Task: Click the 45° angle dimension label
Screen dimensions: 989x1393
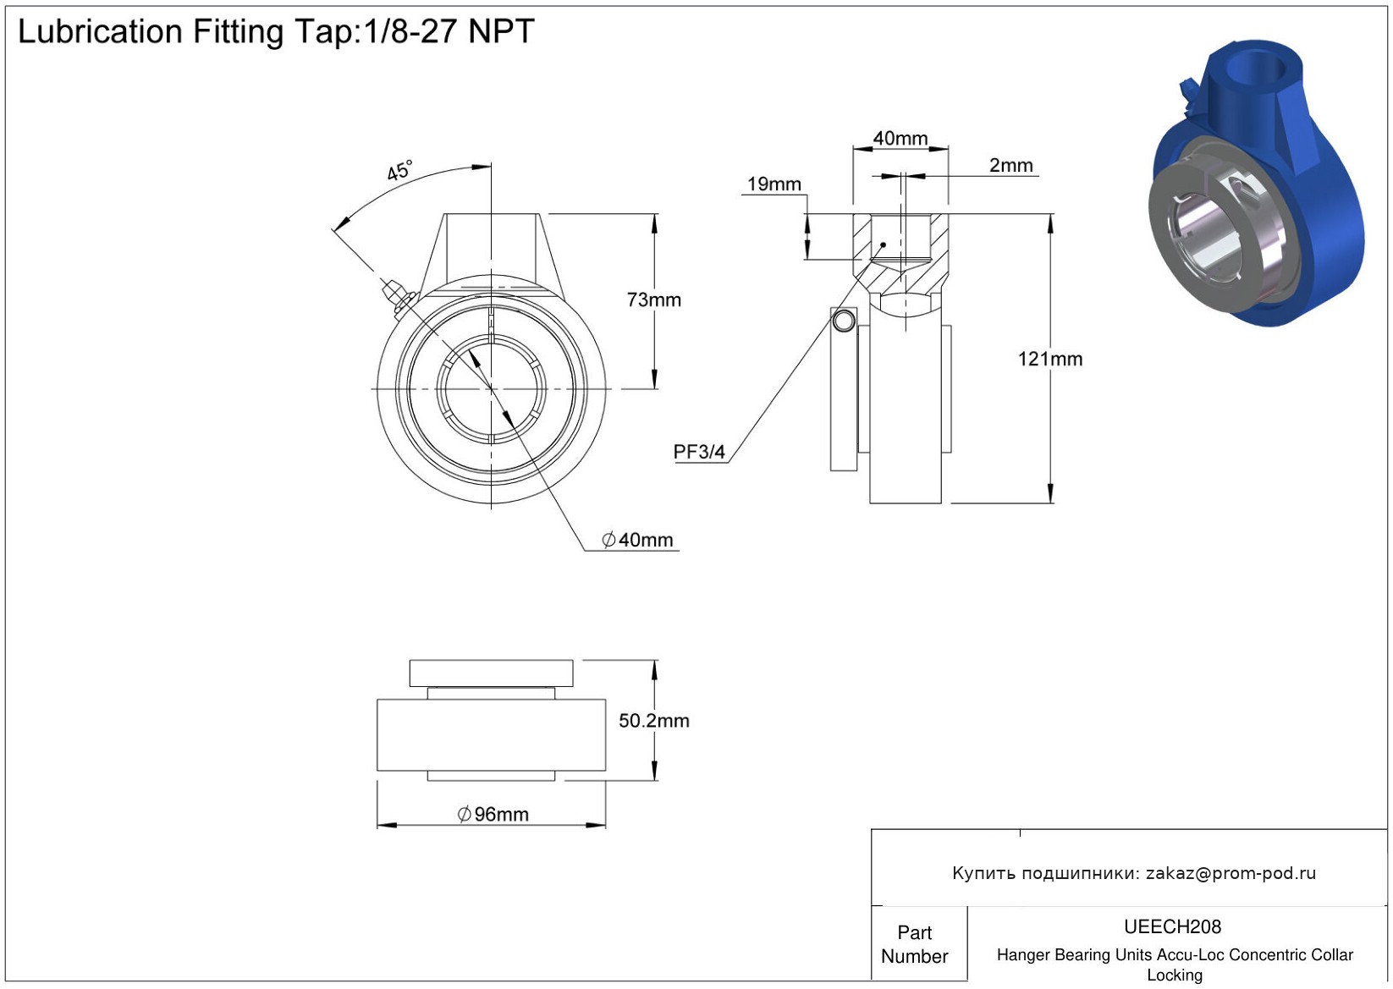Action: click(x=399, y=171)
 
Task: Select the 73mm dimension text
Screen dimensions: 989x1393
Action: click(x=653, y=300)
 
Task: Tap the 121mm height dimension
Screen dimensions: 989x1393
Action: click(x=1049, y=360)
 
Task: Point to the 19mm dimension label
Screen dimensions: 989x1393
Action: click(x=774, y=184)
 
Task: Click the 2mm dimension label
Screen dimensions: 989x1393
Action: click(x=1010, y=166)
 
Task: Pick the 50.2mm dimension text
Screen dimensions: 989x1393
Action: click(x=653, y=721)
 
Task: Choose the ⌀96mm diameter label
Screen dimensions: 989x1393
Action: click(x=493, y=815)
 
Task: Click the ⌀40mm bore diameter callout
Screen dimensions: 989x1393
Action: click(x=637, y=540)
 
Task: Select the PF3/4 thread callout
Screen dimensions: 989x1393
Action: click(x=699, y=452)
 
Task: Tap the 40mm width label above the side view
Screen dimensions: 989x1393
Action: click(x=900, y=138)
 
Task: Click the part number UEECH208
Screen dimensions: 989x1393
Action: click(x=1172, y=926)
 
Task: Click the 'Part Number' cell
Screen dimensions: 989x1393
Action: click(x=914, y=944)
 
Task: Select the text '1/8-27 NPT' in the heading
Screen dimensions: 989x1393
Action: click(x=449, y=32)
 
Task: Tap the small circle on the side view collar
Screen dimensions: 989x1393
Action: click(x=844, y=321)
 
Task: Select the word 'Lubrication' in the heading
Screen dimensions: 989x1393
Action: click(x=100, y=32)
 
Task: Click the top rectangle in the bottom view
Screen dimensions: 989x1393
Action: click(x=491, y=673)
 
